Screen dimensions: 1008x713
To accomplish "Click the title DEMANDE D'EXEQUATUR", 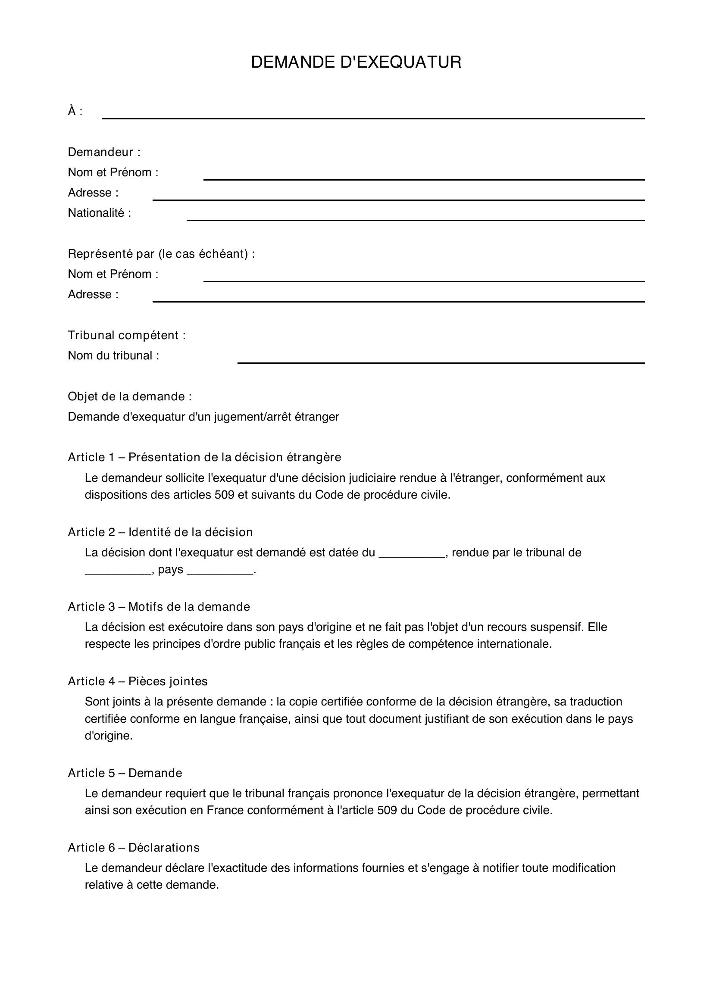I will click(x=356, y=62).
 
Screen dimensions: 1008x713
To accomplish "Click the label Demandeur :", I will click(x=104, y=152).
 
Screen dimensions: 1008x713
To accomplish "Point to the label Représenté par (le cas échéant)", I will click(x=161, y=254).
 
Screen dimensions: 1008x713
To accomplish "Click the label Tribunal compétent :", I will click(x=126, y=335).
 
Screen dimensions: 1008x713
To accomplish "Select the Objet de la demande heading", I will click(x=129, y=396).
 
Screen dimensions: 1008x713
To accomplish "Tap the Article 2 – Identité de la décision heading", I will click(x=160, y=532).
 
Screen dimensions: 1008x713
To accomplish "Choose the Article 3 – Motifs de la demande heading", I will click(x=159, y=607).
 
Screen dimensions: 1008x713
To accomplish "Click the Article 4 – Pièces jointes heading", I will click(x=138, y=681).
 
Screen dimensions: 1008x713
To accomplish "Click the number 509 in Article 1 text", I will click(x=224, y=495).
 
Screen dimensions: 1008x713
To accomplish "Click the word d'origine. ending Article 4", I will click(x=109, y=735).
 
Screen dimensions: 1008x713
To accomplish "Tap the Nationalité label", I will click(x=99, y=213).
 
